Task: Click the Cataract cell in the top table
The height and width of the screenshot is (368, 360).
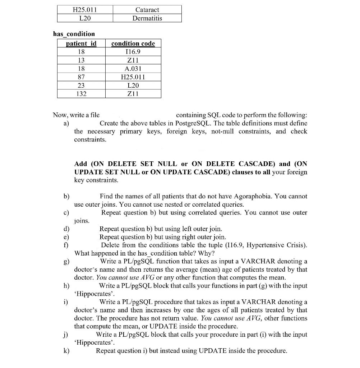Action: tap(147, 10)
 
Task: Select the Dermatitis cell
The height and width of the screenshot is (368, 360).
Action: tap(147, 18)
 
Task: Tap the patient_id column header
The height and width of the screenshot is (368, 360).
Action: tap(81, 43)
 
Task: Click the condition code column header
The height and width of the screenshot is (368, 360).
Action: tap(133, 43)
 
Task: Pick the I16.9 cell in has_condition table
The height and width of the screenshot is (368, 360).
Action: tap(133, 52)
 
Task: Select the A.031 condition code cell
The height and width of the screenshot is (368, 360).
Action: tap(133, 69)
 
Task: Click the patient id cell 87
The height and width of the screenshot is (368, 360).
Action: tap(81, 77)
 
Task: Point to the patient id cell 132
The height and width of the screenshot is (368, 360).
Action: tap(81, 94)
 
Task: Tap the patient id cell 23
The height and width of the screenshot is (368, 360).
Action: tap(81, 86)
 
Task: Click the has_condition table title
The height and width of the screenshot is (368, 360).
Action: tap(74, 34)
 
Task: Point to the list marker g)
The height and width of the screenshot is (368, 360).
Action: tap(66, 262)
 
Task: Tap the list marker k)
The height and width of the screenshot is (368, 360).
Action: tap(66, 351)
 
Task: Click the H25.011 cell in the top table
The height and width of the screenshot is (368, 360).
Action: tap(85, 10)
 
